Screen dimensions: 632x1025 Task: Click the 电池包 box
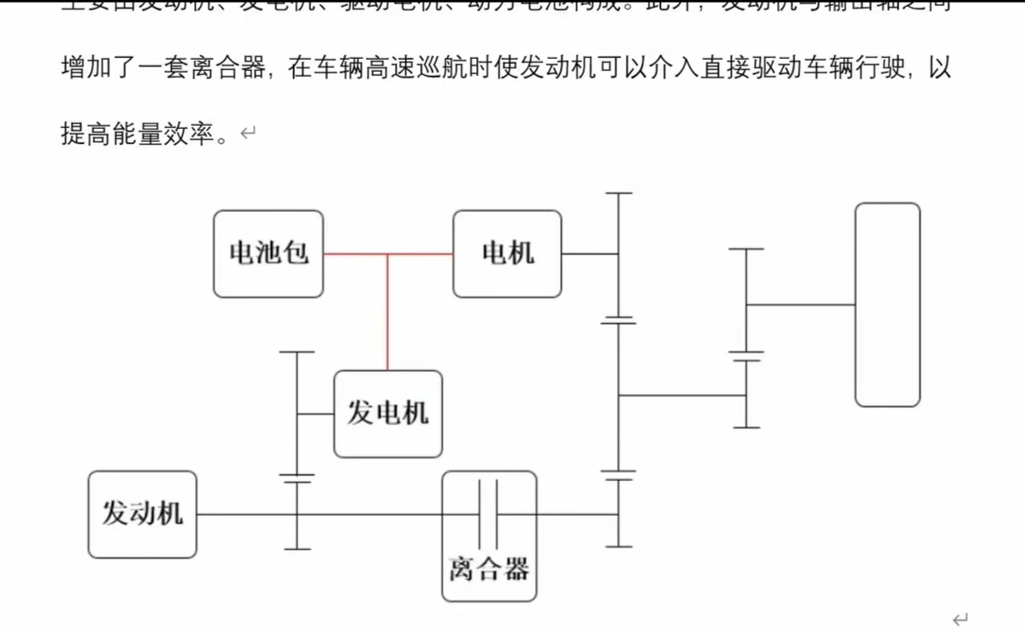tap(268, 254)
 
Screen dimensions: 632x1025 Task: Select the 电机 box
tap(508, 254)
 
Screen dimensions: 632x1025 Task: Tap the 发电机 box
tap(388, 414)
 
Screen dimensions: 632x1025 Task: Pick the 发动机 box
tap(142, 514)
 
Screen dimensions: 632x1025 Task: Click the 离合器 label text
tap(489, 569)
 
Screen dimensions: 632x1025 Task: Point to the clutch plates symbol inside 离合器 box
tap(488, 513)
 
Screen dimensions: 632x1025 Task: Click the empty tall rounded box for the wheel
tap(887, 304)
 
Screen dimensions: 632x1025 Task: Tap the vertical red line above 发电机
tap(388, 313)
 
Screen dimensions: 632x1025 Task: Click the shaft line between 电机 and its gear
tap(590, 254)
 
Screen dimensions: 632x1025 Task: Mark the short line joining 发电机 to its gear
tap(315, 414)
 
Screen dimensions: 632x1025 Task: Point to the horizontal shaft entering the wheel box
tap(800, 304)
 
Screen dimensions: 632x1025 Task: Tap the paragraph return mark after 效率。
tap(248, 133)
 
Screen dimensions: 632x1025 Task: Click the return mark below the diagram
tap(961, 618)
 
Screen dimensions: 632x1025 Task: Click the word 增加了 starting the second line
tap(99, 67)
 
